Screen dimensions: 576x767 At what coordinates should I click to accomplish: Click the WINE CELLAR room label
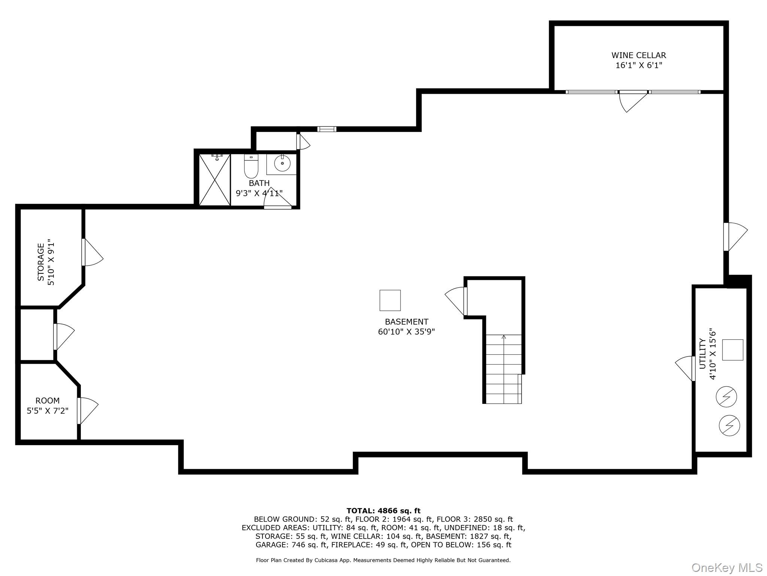point(639,55)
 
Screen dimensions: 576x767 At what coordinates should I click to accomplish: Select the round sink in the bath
point(282,163)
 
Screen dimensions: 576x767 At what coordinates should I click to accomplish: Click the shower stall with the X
point(215,180)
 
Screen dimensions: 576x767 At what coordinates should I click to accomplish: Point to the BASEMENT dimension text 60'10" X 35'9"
point(406,332)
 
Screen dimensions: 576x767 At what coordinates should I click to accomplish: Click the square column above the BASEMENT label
point(390,300)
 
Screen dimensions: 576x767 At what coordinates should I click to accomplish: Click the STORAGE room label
point(41,262)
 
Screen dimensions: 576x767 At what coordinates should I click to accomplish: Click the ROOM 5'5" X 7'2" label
point(48,401)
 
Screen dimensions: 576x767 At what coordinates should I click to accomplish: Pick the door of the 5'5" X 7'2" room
point(88,410)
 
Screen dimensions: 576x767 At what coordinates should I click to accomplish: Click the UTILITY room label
point(703,354)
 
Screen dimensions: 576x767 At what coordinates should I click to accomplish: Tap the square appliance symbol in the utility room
point(732,350)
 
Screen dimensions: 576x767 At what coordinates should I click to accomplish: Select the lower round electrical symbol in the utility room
point(729,425)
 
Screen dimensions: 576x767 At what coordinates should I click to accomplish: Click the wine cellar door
point(633,100)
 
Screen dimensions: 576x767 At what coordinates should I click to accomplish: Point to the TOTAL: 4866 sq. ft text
point(383,511)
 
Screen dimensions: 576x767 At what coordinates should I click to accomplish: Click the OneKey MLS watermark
point(727,567)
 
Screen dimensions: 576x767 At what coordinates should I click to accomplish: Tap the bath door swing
point(277,198)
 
